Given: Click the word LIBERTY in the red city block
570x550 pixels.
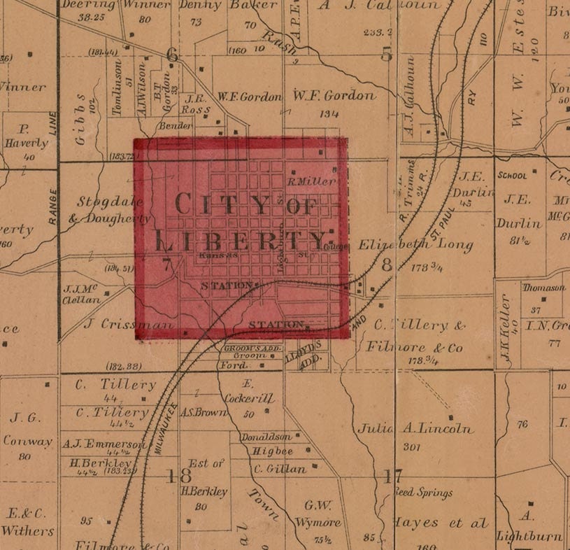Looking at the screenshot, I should (241, 241).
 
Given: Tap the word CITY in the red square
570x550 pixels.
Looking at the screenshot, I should (211, 204).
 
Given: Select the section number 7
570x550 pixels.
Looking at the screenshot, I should (166, 265).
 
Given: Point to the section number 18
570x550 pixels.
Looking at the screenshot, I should (178, 477).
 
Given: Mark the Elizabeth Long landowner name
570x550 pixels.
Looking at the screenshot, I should (415, 246).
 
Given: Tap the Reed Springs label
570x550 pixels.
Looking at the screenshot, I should (423, 493).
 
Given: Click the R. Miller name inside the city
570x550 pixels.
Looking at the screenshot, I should (312, 181).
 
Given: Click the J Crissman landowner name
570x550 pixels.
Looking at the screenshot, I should (127, 325).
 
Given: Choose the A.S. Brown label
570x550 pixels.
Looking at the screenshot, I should (204, 413).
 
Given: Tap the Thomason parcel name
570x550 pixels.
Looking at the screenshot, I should (543, 288).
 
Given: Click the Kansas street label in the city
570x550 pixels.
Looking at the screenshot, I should (218, 257).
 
